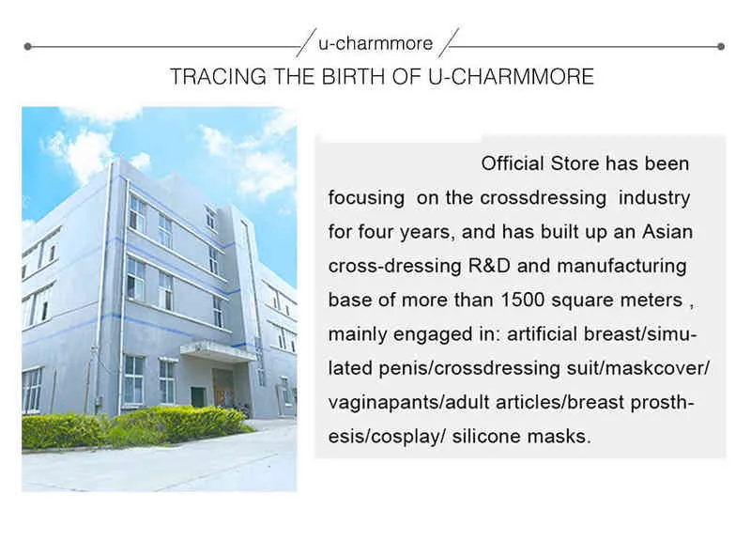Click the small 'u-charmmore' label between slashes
coord(375,43)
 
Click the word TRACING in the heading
coord(219,77)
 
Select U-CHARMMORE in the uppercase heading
coord(511,77)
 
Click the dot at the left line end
coord(28,46)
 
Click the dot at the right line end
coord(721,46)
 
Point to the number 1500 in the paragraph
coord(523,300)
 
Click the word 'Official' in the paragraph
coord(513,163)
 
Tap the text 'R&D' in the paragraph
coord(489,266)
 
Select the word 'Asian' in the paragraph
coord(667,232)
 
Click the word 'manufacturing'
coord(621,267)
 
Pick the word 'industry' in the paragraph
coord(654,198)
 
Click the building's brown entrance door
coord(222,388)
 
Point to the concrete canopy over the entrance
coord(218,350)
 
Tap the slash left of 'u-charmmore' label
coord(306,42)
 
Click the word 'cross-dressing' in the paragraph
coord(394,267)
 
